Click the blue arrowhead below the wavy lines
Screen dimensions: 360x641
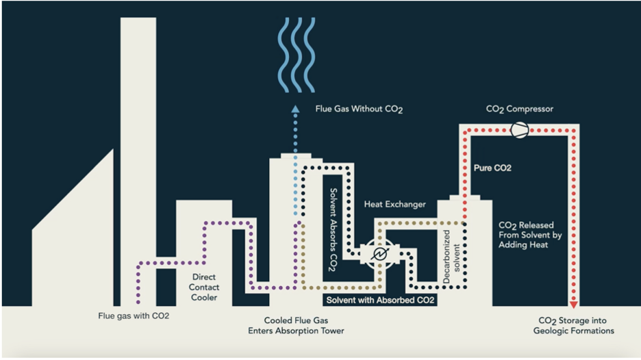295,110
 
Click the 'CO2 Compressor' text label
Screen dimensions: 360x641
520,108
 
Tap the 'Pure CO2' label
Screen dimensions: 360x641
492,168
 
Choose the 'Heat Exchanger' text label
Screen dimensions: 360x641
394,204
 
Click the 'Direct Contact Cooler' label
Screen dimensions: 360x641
204,287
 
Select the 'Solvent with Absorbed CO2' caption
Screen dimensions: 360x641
380,300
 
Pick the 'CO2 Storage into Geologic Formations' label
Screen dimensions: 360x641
573,326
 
